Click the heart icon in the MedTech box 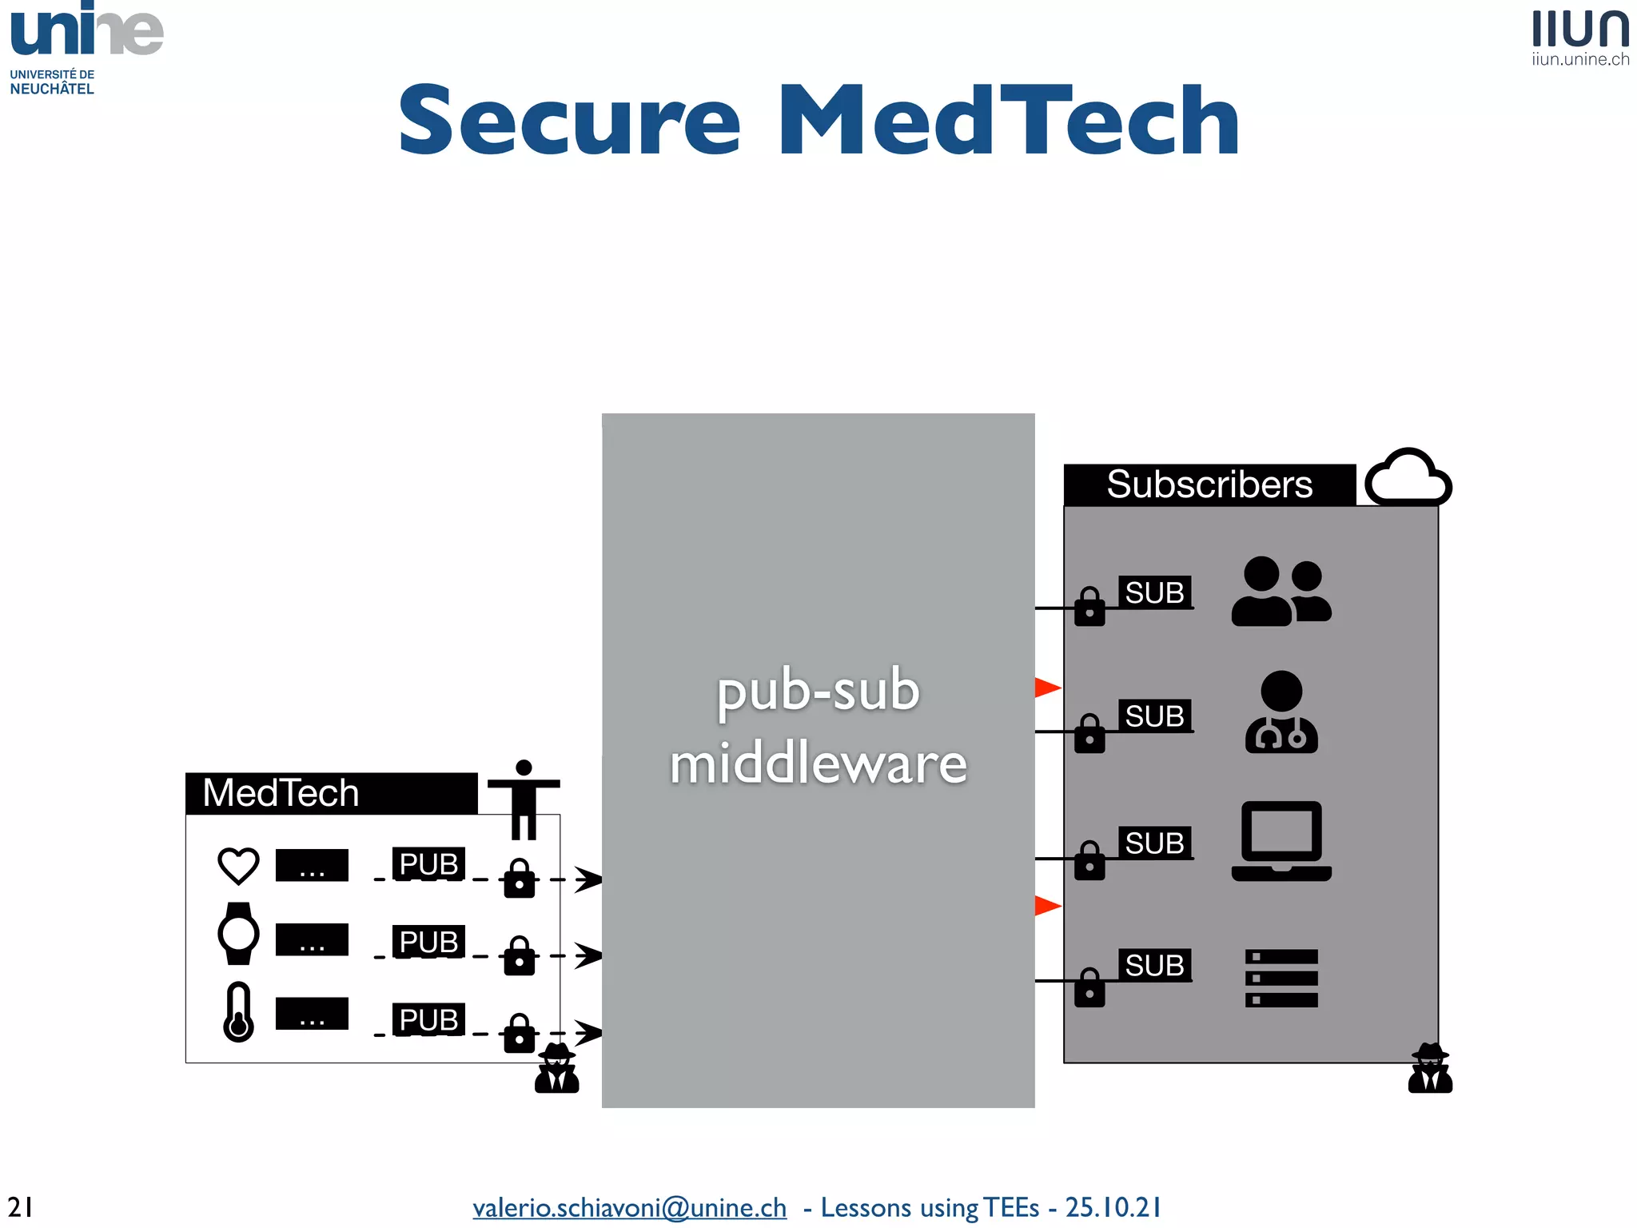click(x=238, y=866)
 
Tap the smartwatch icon click(x=238, y=934)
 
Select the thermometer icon click(x=238, y=1012)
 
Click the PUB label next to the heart click(x=428, y=864)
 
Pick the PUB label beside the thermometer click(x=428, y=1019)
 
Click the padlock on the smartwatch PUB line click(x=520, y=956)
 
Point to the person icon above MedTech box click(x=524, y=799)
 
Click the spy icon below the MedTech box click(x=557, y=1068)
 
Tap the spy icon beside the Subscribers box click(x=1430, y=1068)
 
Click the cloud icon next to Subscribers click(x=1408, y=477)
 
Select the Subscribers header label click(x=1209, y=484)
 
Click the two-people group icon click(x=1281, y=592)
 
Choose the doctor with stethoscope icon click(x=1281, y=712)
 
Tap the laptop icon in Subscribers click(x=1281, y=841)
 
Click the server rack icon click(x=1281, y=978)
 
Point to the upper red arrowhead click(x=1047, y=688)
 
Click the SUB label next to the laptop click(x=1154, y=843)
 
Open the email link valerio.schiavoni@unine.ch click(x=629, y=1207)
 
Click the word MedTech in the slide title click(x=1009, y=122)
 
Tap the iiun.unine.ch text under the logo click(x=1579, y=59)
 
